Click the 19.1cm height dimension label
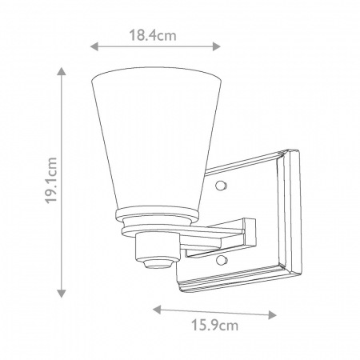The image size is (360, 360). click(x=52, y=182)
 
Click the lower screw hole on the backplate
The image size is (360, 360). click(x=220, y=261)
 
